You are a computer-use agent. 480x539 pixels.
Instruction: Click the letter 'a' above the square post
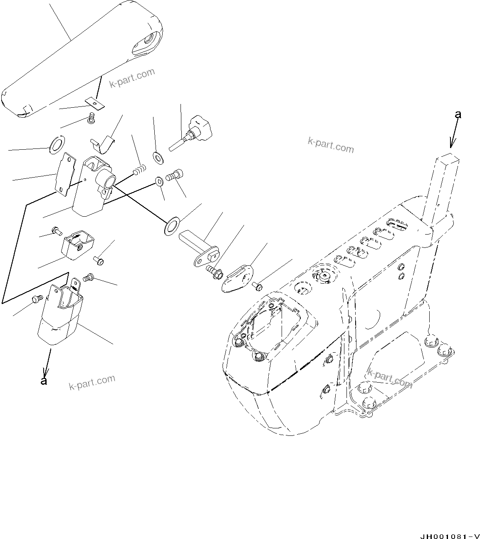pos(458,114)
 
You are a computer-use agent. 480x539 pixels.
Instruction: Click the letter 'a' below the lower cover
pos(43,381)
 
